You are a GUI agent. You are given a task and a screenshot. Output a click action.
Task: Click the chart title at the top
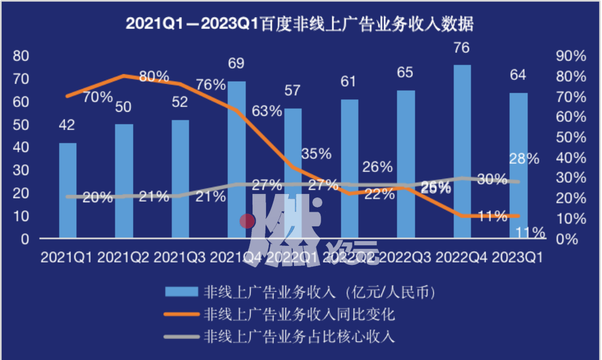301,24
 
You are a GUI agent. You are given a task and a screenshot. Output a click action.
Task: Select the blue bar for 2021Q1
67,190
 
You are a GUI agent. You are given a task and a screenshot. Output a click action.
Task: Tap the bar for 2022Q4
462,151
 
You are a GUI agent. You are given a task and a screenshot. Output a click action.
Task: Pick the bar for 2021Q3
180,179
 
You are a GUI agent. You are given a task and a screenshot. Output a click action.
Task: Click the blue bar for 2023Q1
518,166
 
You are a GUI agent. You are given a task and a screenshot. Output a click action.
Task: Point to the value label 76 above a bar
462,47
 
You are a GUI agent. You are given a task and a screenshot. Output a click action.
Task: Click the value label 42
67,125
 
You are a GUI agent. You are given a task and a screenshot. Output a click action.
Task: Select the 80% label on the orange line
154,77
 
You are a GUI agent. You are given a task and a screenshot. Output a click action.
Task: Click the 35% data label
316,154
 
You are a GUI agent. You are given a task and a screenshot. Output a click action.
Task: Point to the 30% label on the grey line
491,180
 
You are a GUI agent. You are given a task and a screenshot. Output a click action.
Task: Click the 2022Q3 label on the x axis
405,258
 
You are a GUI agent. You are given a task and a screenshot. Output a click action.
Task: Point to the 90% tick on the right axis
571,56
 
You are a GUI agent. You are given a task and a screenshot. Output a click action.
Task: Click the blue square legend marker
180,291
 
